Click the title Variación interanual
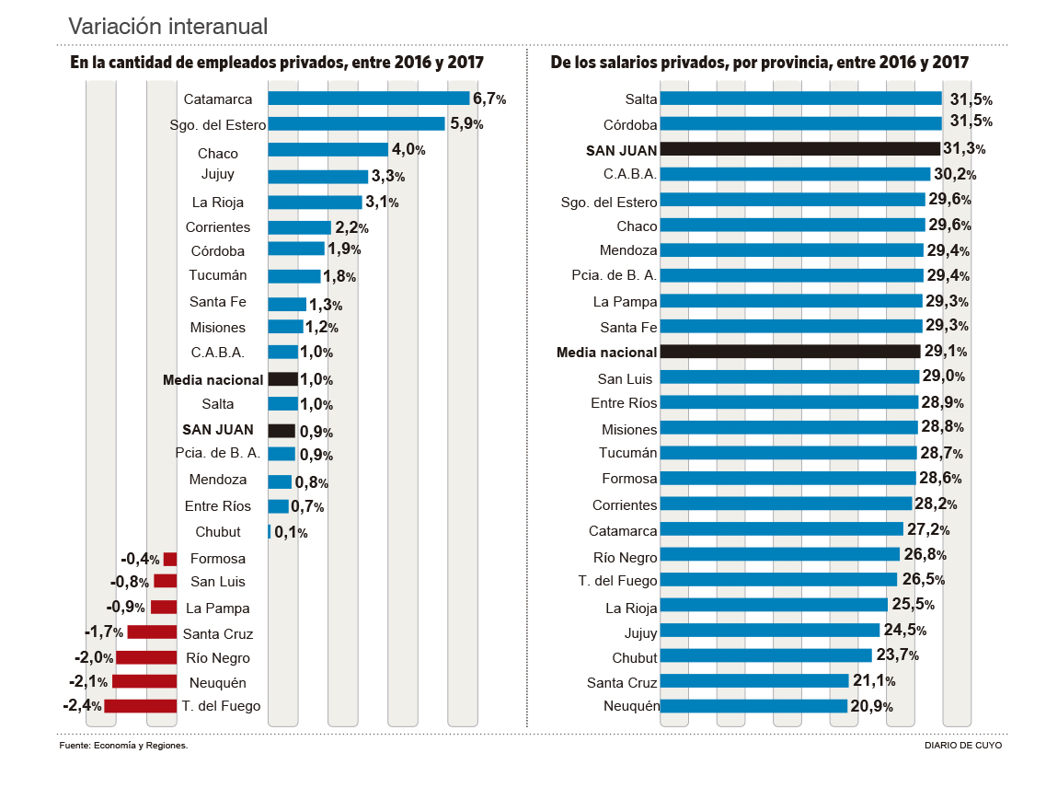point(168,26)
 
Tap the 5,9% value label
point(466,123)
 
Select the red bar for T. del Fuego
point(140,706)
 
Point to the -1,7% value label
point(104,633)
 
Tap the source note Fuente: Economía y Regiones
point(123,746)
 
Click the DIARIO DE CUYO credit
point(963,746)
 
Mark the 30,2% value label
point(955,174)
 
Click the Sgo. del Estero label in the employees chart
point(218,125)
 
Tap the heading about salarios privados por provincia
point(760,64)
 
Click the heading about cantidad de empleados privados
point(277,64)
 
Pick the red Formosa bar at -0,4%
point(170,559)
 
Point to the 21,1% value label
point(873,681)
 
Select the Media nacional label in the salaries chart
point(607,352)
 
